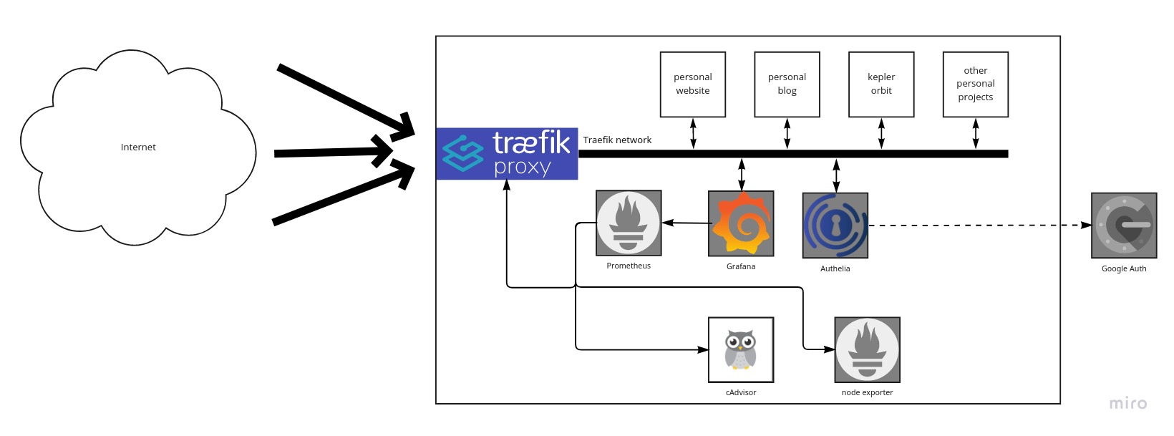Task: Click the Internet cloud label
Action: pos(138,147)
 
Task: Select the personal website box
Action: pos(692,84)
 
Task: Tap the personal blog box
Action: pos(787,84)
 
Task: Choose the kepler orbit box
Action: pos(881,84)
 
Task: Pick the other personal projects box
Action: pos(975,84)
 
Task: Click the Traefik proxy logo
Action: pos(507,153)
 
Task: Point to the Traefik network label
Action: pos(617,140)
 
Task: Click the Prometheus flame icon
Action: pos(629,223)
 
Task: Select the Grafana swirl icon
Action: pos(741,223)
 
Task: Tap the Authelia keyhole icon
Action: pos(835,226)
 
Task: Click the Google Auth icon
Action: pos(1123,226)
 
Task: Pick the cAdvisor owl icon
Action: pos(741,350)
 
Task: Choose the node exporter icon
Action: pos(867,350)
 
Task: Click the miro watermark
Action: pos(1127,404)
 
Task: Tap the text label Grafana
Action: pos(741,266)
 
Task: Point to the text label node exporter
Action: pos(867,392)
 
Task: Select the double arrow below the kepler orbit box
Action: pos(881,134)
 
